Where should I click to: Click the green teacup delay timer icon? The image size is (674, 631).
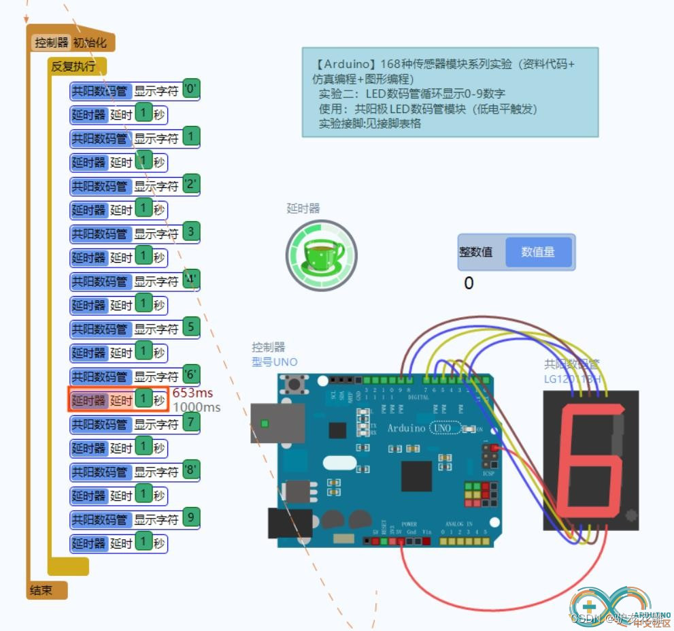(x=321, y=255)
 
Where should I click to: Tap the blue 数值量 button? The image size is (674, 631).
(x=538, y=252)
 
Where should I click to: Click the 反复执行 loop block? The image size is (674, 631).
(x=73, y=67)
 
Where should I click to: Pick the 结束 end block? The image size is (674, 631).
(x=41, y=589)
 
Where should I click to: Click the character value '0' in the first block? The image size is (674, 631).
(x=191, y=88)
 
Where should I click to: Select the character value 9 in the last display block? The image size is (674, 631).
(x=191, y=517)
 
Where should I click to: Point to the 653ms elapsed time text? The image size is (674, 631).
(x=192, y=393)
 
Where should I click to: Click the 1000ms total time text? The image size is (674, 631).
(x=196, y=407)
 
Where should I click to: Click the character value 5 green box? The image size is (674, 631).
(x=191, y=327)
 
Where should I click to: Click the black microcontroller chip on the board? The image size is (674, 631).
(x=416, y=476)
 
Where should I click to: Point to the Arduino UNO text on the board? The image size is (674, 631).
(x=419, y=428)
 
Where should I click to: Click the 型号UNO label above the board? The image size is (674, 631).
(x=274, y=361)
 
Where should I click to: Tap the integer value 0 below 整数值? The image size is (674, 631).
(x=468, y=283)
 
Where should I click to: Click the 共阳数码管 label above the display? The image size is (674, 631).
(x=571, y=365)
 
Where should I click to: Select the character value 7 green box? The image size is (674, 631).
(x=191, y=423)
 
